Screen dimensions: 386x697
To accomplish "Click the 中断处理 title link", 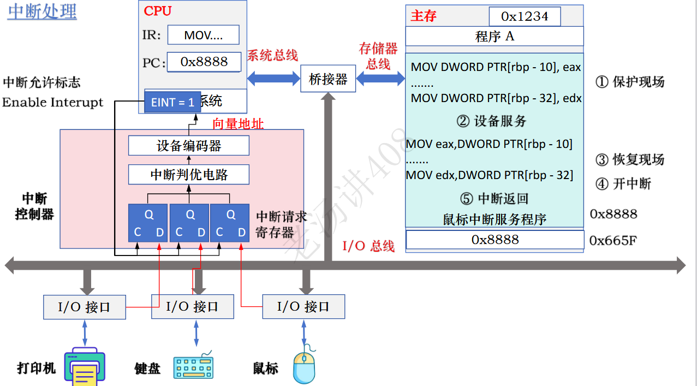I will [x=41, y=11].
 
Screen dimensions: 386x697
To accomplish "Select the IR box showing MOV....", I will [x=203, y=35].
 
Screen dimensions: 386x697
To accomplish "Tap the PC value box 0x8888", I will [x=204, y=62].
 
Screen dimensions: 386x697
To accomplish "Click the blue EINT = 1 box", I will [x=172, y=102].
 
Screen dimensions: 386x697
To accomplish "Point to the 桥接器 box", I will [x=328, y=79].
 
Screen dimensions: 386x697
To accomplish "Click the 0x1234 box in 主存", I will [x=524, y=16].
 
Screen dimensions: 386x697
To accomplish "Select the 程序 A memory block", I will [x=495, y=37].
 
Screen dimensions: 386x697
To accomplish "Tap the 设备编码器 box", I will [x=188, y=146].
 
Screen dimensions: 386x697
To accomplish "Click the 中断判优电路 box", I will [x=188, y=175].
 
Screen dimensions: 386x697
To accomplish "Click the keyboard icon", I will [x=194, y=366].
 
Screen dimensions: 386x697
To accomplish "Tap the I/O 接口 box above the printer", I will [x=84, y=307].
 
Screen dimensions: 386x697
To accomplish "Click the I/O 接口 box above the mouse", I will [x=303, y=306].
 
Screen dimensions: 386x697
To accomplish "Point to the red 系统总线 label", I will [x=272, y=55].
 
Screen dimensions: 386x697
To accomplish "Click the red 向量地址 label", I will [x=237, y=124].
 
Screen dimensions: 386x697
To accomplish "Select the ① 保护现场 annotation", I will [x=630, y=82].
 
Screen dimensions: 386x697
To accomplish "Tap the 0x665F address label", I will [x=613, y=240].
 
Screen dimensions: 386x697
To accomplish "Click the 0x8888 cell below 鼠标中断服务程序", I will [x=495, y=240].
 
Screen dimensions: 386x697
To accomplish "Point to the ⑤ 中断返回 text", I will [x=495, y=198].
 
